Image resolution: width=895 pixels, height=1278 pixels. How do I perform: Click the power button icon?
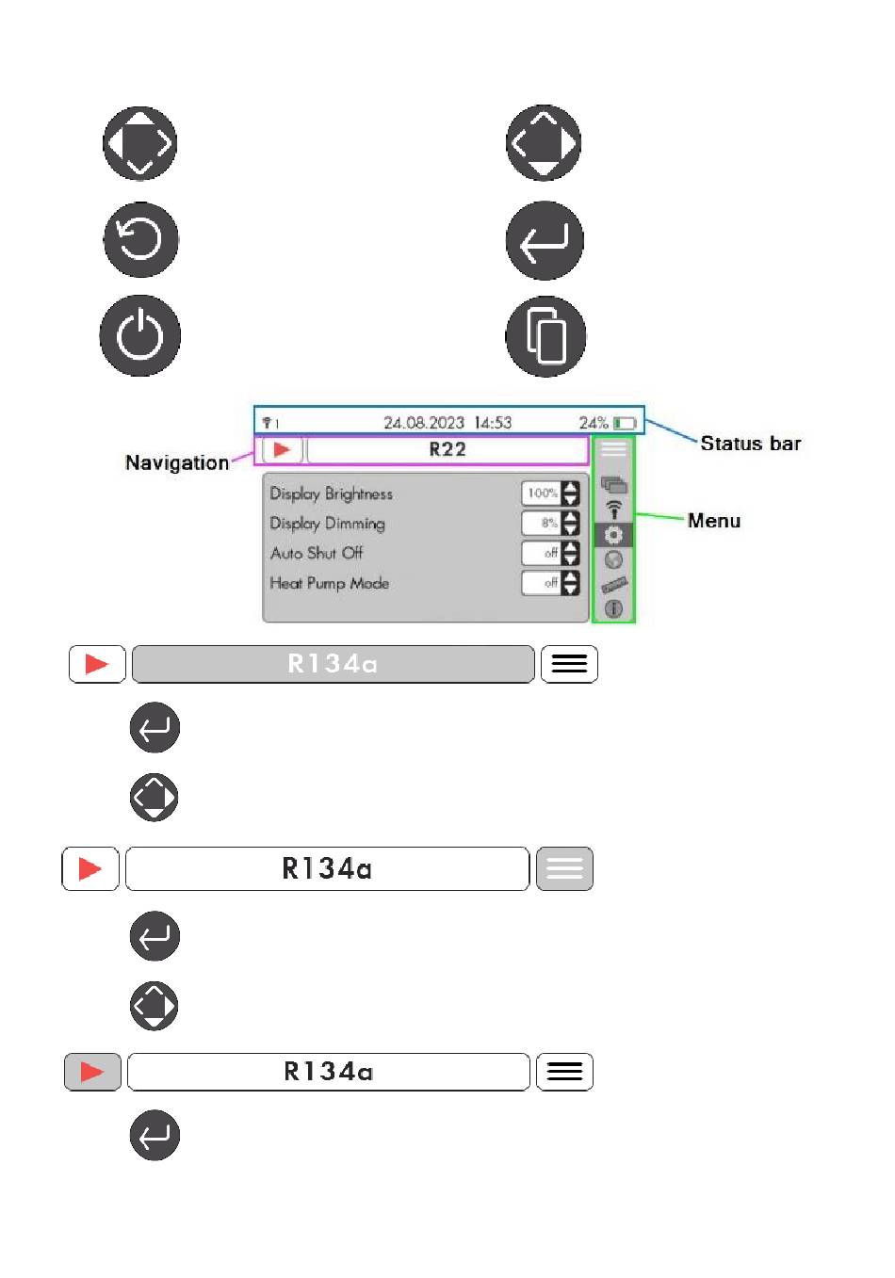[x=139, y=336]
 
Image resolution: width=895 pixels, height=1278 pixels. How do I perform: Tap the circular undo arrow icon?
[x=140, y=239]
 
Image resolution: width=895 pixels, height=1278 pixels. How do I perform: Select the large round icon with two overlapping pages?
[x=545, y=337]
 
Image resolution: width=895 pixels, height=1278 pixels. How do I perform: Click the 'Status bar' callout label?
[x=750, y=444]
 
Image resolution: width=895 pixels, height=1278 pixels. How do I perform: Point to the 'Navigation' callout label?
[x=176, y=462]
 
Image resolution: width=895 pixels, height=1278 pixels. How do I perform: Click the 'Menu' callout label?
[x=713, y=521]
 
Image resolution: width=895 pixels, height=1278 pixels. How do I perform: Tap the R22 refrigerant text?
[x=447, y=449]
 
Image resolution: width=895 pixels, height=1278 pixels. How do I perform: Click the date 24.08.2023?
[x=423, y=423]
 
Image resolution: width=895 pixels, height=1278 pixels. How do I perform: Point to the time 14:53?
[x=493, y=423]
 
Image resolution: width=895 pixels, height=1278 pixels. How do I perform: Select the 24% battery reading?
[x=593, y=423]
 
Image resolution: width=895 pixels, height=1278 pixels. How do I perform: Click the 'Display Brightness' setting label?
[x=331, y=493]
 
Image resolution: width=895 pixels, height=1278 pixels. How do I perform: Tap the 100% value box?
[x=542, y=493]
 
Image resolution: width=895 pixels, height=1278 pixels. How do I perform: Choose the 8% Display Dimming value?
[x=544, y=523]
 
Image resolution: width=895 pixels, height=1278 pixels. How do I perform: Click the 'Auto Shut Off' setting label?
[x=316, y=553]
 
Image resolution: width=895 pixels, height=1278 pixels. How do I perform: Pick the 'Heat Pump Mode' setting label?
[x=329, y=583]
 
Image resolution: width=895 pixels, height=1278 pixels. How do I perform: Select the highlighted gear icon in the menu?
[x=613, y=535]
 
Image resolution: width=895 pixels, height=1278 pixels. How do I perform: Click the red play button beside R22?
[x=282, y=449]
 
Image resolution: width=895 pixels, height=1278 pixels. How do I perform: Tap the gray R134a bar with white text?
[x=333, y=664]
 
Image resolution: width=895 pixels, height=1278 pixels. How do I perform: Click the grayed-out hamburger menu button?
[x=564, y=868]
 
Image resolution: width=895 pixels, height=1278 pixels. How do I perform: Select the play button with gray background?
[x=92, y=1072]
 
